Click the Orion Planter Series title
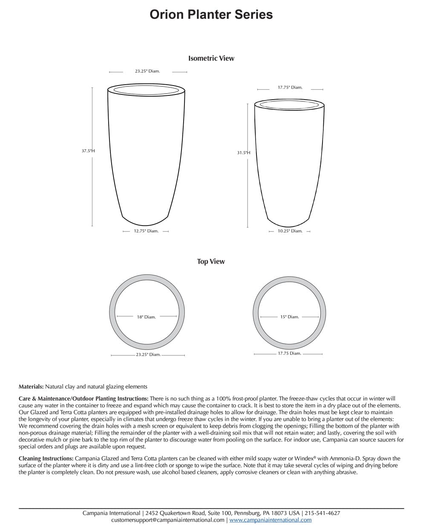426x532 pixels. tap(211, 14)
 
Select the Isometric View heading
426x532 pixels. tap(211, 58)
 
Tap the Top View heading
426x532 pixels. tap(211, 261)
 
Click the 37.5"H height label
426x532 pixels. tap(88, 151)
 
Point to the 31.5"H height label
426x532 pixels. tap(244, 152)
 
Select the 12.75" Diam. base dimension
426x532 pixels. tap(146, 231)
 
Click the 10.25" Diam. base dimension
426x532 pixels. tap(290, 231)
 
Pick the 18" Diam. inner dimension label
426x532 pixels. tap(147, 317)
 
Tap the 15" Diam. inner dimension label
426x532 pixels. tap(290, 317)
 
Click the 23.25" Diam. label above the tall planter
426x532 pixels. tap(147, 71)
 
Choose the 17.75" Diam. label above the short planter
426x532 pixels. tap(290, 87)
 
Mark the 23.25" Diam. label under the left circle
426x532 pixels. tap(148, 355)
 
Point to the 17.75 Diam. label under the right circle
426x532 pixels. tap(290, 353)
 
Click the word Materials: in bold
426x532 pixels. tap(31, 387)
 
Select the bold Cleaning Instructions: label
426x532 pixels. tap(46, 458)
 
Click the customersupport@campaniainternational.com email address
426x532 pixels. tap(167, 520)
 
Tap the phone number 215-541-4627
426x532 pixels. tap(322, 513)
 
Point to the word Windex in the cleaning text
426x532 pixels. tap(303, 458)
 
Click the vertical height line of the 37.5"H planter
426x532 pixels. tap(92, 187)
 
